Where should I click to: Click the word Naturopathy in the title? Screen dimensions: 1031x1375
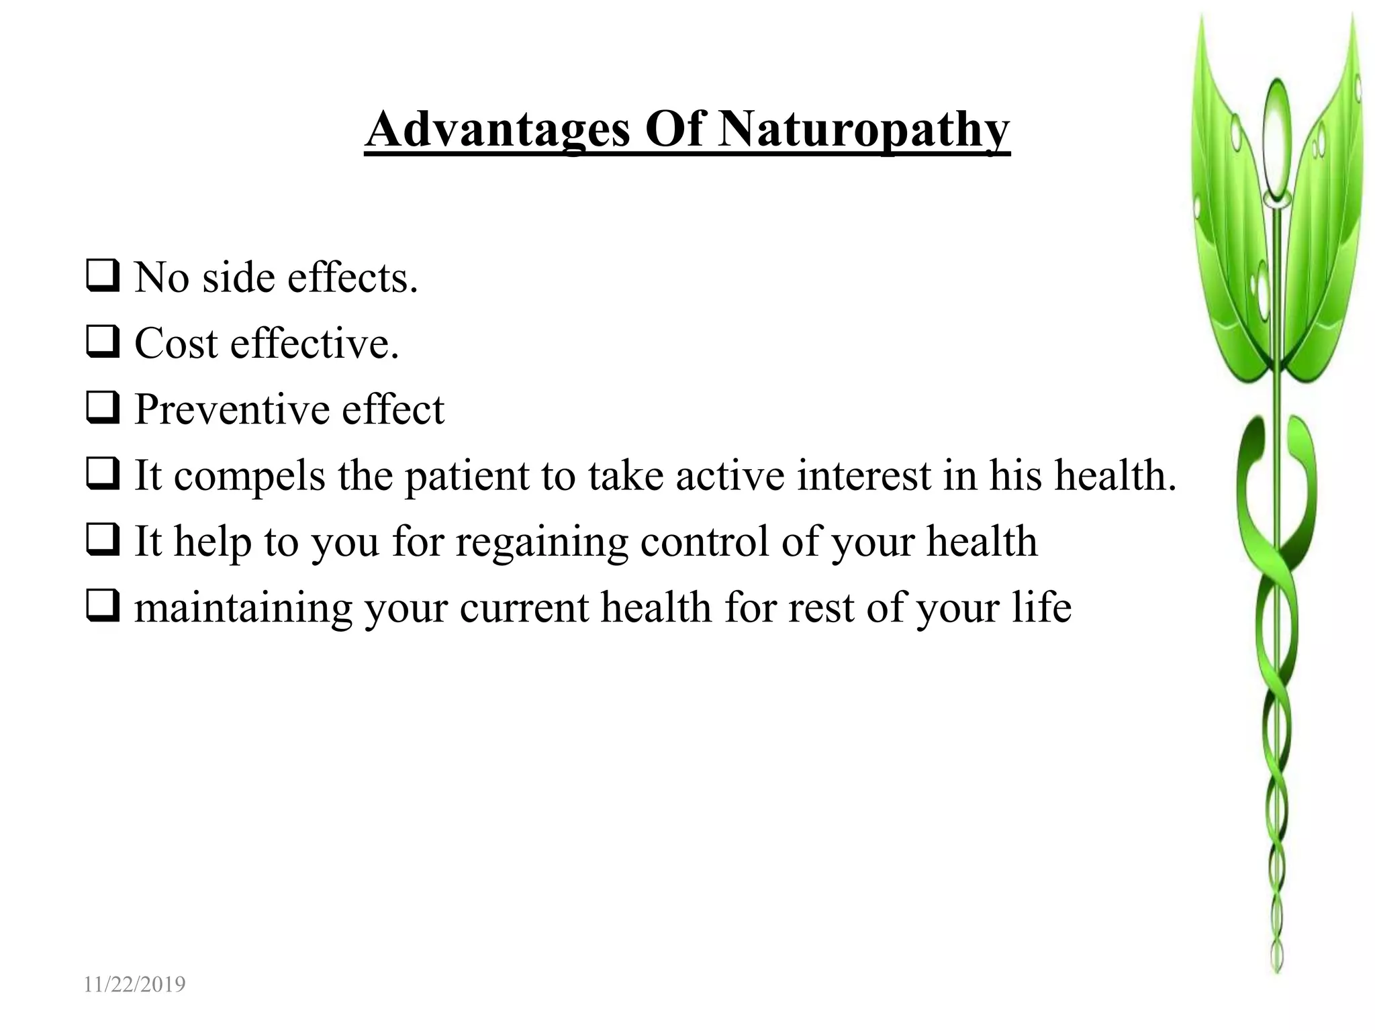click(863, 130)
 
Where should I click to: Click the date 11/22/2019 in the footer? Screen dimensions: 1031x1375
click(134, 984)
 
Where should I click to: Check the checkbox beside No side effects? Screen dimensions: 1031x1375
click(103, 277)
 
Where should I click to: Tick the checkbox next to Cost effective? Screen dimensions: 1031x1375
click(103, 343)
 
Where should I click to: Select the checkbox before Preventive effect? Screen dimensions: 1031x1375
click(103, 409)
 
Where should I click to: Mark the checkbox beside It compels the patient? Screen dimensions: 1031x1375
click(103, 475)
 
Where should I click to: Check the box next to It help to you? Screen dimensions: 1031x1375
click(103, 541)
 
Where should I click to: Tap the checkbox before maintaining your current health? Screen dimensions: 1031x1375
click(103, 607)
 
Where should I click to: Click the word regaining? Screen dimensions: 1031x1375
click(542, 542)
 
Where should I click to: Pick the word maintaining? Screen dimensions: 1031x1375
click(243, 607)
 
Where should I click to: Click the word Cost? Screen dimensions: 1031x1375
click(176, 343)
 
